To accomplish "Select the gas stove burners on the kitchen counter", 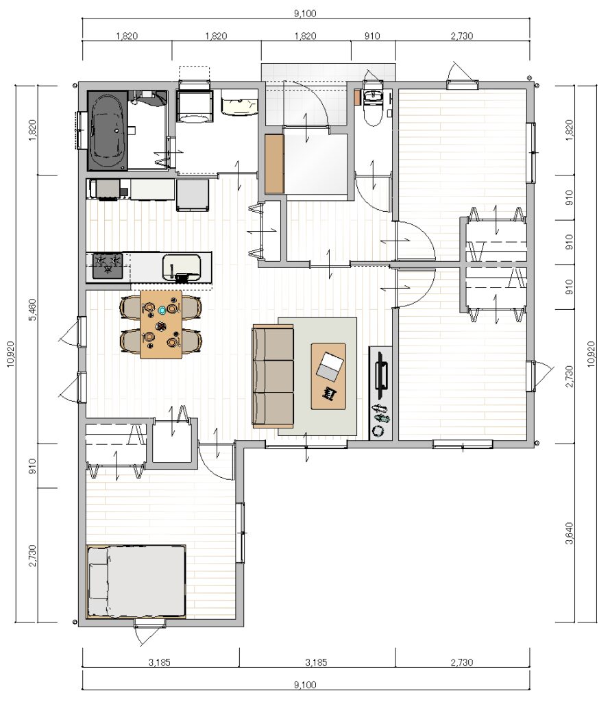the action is (x=108, y=265).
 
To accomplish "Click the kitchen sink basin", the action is (x=181, y=267).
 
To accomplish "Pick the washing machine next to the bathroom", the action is (x=194, y=105).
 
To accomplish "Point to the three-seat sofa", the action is (x=273, y=376).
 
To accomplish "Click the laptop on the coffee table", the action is (x=330, y=366).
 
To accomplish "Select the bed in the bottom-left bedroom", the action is (x=136, y=581).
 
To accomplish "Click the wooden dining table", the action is (x=161, y=324).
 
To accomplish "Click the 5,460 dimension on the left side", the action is (x=33, y=310).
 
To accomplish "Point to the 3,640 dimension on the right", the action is (x=570, y=533).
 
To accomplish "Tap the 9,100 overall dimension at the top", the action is (x=305, y=14).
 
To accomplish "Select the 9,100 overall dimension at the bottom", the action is (x=305, y=685).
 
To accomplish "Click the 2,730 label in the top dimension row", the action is (x=462, y=36).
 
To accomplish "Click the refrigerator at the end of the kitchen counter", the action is (x=193, y=195).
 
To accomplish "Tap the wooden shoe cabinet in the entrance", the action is (x=274, y=163).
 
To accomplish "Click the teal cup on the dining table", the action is (x=162, y=309).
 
